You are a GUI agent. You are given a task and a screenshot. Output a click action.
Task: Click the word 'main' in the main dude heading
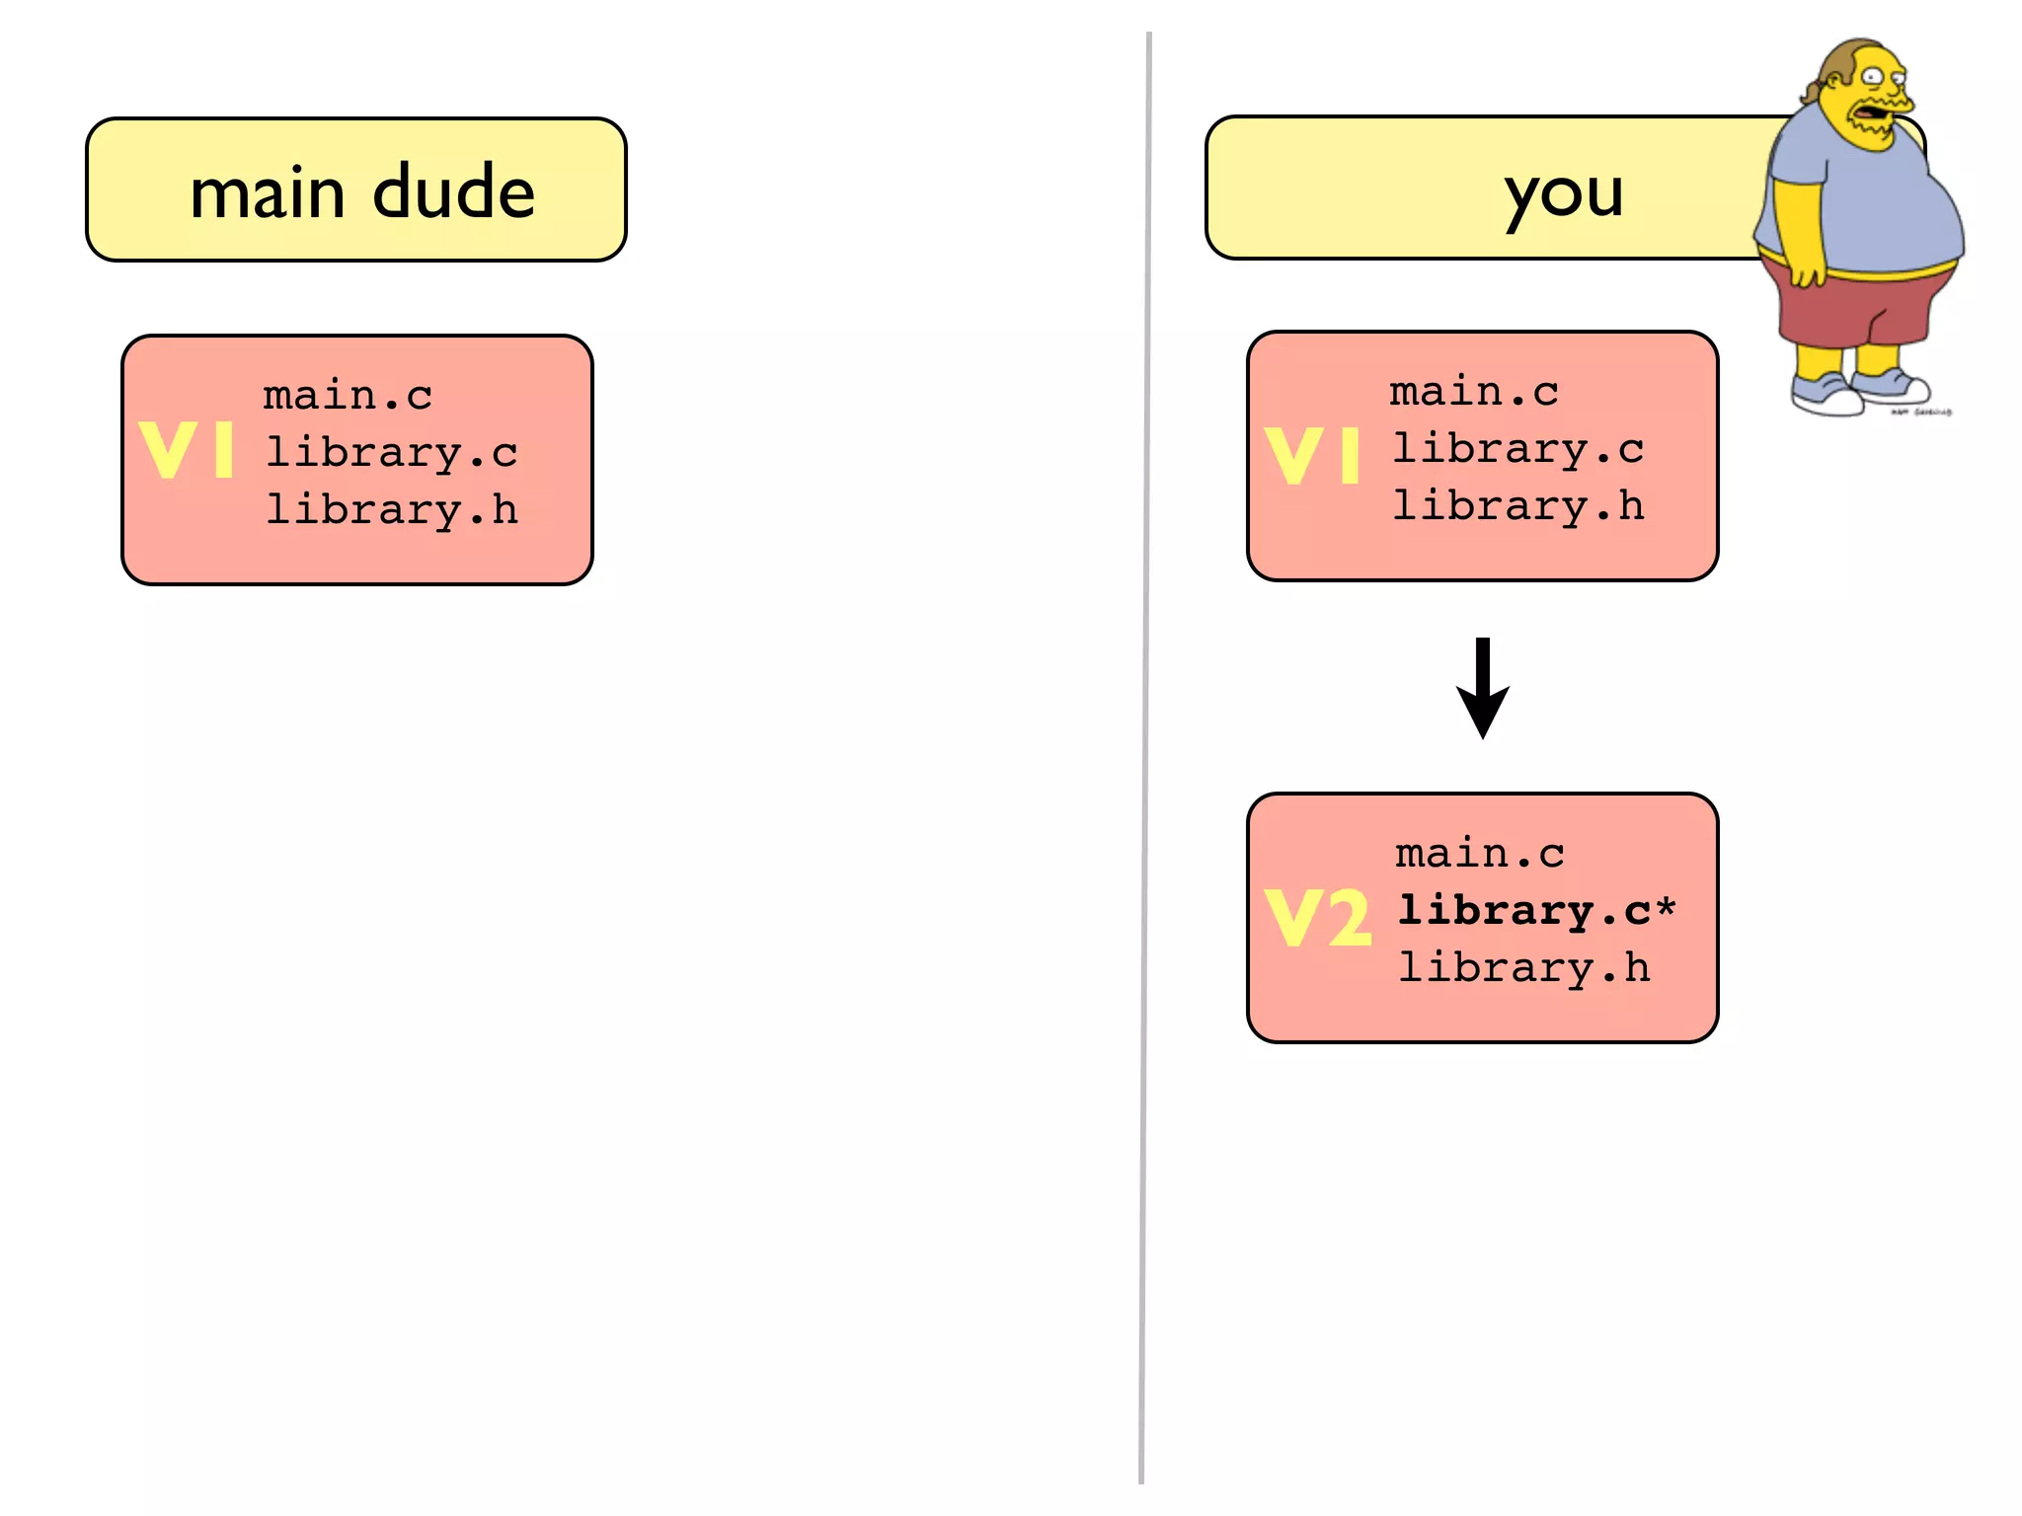(267, 192)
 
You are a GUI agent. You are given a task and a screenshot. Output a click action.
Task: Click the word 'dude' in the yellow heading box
(453, 192)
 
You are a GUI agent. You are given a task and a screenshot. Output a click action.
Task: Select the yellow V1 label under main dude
(187, 450)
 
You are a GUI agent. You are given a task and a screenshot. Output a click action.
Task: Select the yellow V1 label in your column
(1312, 456)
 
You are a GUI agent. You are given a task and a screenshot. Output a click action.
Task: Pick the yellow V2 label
(1317, 917)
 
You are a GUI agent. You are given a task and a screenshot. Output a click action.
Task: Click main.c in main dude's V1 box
(348, 396)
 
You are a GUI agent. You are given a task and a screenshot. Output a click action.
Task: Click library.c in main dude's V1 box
(391, 453)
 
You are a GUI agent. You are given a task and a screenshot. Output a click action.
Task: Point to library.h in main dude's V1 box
(391, 510)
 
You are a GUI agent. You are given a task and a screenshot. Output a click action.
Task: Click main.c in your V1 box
(1473, 392)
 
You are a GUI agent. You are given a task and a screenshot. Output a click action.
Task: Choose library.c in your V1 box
(1517, 449)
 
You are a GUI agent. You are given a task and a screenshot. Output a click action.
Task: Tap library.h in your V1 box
(1517, 506)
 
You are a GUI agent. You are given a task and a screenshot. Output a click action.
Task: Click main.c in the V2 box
(1479, 854)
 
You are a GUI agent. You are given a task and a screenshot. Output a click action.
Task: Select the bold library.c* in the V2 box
(1536, 911)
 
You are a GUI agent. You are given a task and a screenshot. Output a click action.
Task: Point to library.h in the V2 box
(1523, 968)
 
